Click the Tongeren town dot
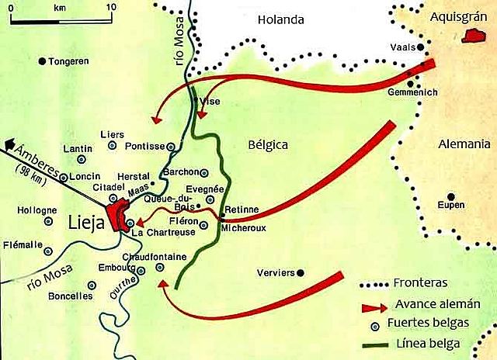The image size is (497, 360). pos(43,61)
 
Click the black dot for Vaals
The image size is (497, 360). pos(421,47)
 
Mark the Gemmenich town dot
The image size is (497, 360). pos(410,83)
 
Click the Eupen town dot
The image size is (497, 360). pos(450,196)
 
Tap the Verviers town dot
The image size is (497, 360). pos(301,273)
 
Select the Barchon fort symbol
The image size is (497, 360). pos(204,172)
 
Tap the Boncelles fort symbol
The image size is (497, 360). pos(99,296)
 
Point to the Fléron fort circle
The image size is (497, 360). pos(203,226)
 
